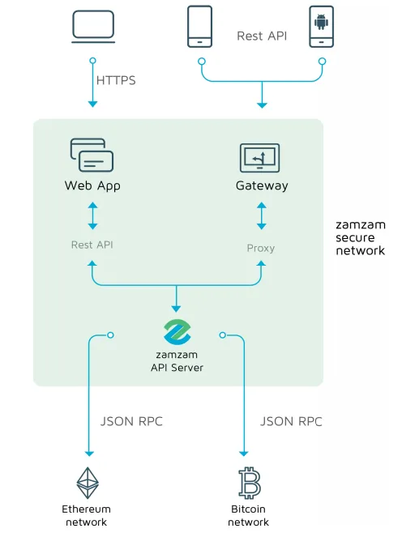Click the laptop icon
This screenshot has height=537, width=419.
pos(93,27)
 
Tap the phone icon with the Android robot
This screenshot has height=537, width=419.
pos(321,27)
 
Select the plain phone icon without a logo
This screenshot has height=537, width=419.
pos(199,27)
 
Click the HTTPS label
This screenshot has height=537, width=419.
pos(116,80)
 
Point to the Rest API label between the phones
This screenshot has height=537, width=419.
pos(262,36)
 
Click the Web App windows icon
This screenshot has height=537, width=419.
pos(92,155)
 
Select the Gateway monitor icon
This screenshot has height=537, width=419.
pos(259,158)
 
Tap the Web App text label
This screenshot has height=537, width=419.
pos(92,186)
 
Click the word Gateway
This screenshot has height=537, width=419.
pos(262,185)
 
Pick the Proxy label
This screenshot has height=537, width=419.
pos(261,249)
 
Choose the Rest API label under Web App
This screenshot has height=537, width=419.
pos(92,245)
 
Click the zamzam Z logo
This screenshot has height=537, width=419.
pos(177,332)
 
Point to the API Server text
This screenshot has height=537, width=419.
pos(177,368)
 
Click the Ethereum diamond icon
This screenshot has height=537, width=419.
pos(88,483)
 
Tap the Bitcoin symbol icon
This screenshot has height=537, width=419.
pos(249,483)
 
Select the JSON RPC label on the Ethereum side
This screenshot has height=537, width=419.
pos(131,422)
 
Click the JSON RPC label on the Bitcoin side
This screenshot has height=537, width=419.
pos(291,422)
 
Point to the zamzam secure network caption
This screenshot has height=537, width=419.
pos(361,237)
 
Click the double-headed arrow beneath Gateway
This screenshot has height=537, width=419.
pos(262,215)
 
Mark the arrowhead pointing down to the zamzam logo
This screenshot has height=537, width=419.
pos(176,309)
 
